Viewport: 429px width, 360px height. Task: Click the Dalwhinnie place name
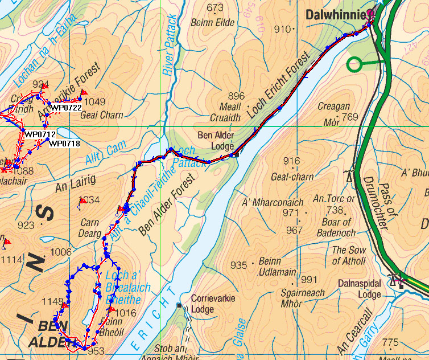pyautogui.click(x=334, y=15)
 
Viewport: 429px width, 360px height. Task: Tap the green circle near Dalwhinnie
pyautogui.click(x=354, y=64)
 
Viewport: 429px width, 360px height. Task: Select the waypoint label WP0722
pyautogui.click(x=66, y=107)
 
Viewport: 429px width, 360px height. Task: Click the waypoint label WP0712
pyautogui.click(x=40, y=134)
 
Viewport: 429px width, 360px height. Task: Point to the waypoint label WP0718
pyautogui.click(x=64, y=144)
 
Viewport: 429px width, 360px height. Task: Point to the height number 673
pyautogui.click(x=215, y=8)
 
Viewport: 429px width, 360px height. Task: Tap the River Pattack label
pyautogui.click(x=170, y=46)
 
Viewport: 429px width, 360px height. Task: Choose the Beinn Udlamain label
pyautogui.click(x=277, y=266)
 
